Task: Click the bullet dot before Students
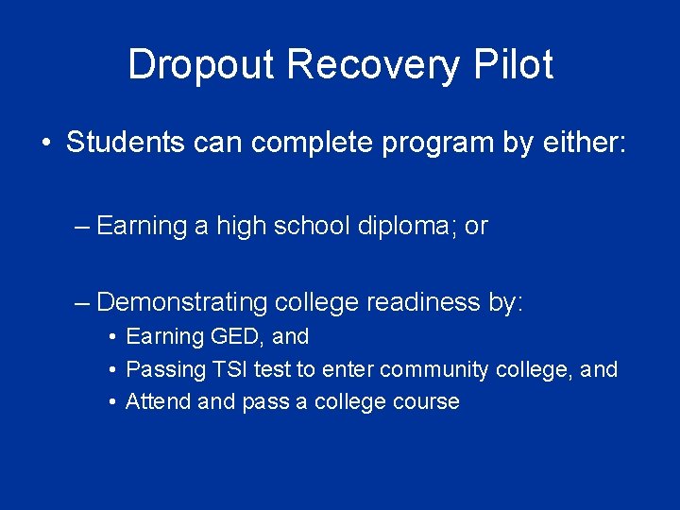pos(45,144)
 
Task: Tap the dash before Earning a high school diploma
pos(82,226)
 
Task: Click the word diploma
pos(409,226)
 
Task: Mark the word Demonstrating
pos(182,302)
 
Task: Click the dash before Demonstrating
pos(82,302)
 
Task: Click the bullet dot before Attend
pos(112,402)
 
